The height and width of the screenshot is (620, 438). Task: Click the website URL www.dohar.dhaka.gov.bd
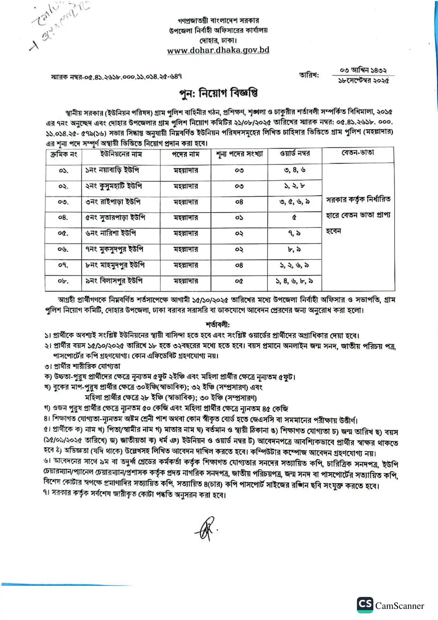(x=218, y=50)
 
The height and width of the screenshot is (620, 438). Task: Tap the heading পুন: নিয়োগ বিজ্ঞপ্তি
(x=218, y=93)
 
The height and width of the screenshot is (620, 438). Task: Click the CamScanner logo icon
(x=365, y=605)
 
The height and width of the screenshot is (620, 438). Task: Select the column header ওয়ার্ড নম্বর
(x=295, y=154)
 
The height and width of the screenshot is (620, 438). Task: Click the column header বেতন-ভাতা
(x=358, y=153)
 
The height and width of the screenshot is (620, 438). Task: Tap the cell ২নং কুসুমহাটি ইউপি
(x=113, y=186)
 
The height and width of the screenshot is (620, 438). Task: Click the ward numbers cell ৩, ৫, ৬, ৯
(x=294, y=202)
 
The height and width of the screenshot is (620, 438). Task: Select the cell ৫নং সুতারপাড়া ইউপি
(x=115, y=217)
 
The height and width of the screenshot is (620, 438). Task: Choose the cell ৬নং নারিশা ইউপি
(x=111, y=233)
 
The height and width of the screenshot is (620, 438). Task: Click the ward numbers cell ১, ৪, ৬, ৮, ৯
(x=294, y=281)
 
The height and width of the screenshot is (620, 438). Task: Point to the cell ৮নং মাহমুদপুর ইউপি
(x=115, y=265)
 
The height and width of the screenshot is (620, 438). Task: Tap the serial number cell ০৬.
(x=63, y=249)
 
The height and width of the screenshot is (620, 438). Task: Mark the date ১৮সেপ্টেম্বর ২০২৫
(x=364, y=81)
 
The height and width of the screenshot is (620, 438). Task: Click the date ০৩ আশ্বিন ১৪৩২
(x=363, y=71)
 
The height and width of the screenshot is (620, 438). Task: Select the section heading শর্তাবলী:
(x=218, y=324)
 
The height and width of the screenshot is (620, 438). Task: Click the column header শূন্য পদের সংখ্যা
(x=239, y=154)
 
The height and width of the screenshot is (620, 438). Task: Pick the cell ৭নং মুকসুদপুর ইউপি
(x=114, y=249)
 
